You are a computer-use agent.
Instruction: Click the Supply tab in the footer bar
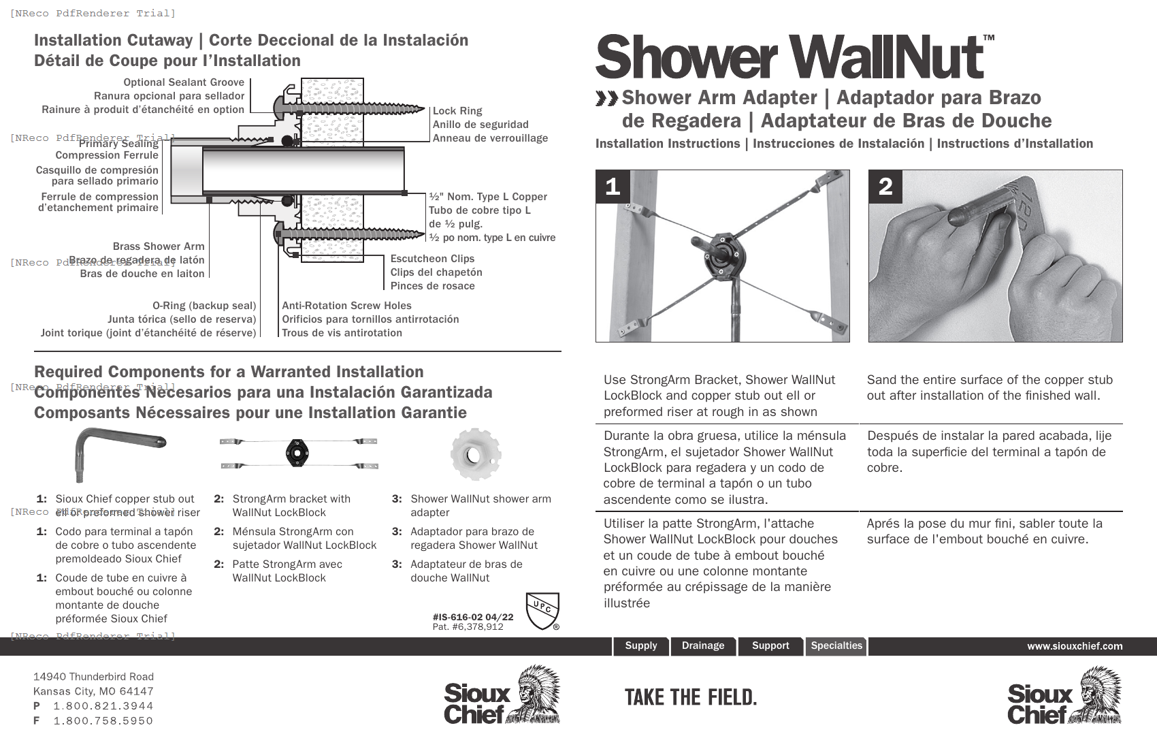(x=640, y=646)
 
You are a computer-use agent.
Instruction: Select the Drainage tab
(x=703, y=646)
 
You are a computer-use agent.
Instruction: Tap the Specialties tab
(x=836, y=646)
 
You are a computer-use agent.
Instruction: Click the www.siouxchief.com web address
(x=1075, y=646)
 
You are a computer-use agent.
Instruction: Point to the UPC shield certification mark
(x=542, y=610)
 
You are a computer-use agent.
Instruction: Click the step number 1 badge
(x=613, y=187)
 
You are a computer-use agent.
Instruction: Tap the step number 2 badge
(x=885, y=187)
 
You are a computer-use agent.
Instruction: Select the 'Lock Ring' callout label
(x=457, y=111)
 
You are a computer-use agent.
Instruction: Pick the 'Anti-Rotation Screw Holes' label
(x=346, y=306)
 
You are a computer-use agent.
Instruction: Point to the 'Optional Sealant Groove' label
(x=184, y=82)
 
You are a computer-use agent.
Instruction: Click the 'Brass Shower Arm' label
(x=158, y=246)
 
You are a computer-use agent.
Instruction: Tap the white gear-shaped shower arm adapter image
(x=476, y=454)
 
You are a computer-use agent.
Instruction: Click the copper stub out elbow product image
(x=116, y=449)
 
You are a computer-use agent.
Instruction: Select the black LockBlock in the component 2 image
(x=297, y=453)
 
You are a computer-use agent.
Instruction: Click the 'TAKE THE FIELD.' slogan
(x=690, y=697)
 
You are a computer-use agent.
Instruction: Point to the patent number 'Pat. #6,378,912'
(x=468, y=626)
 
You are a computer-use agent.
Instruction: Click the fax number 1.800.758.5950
(x=103, y=720)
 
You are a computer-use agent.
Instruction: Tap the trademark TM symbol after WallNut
(x=988, y=38)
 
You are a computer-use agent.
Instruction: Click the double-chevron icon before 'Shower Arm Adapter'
(x=606, y=99)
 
